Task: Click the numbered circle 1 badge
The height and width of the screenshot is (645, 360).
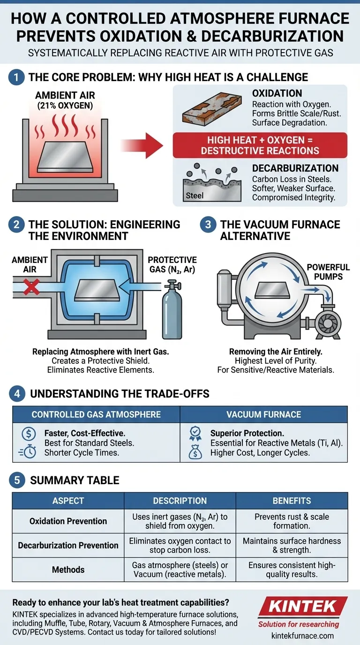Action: click(x=16, y=77)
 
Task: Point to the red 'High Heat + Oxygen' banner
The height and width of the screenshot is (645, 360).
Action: click(x=260, y=145)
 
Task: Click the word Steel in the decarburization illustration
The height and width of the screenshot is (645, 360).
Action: click(x=195, y=195)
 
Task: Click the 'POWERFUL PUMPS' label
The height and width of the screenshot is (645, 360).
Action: click(x=328, y=272)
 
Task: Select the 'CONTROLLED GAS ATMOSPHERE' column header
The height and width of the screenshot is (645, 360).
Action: click(x=96, y=414)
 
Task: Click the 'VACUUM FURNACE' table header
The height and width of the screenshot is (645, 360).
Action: click(x=263, y=414)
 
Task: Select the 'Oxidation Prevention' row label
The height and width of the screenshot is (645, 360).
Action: click(x=68, y=521)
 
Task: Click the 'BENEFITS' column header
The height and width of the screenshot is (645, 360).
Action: click(x=292, y=501)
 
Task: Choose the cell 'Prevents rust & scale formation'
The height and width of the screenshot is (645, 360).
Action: click(x=292, y=521)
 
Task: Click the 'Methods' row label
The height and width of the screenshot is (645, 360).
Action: click(x=68, y=570)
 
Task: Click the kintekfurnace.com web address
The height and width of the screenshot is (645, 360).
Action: click(x=302, y=636)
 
